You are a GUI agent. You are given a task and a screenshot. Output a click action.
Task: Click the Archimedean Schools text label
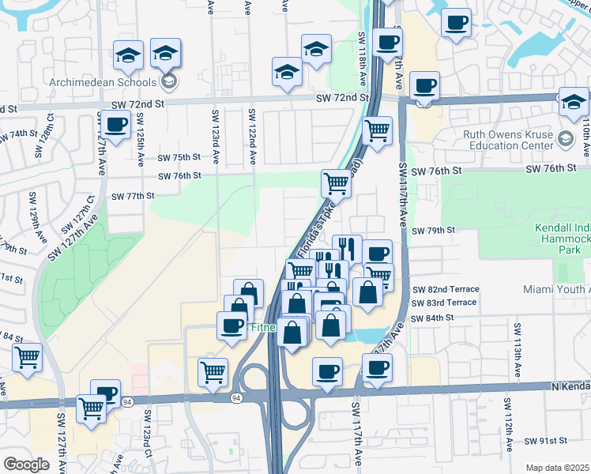112,81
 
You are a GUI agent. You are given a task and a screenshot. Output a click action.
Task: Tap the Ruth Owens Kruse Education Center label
512,140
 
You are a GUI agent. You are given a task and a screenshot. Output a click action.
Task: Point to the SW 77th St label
132,195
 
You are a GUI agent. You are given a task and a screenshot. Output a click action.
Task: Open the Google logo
26,465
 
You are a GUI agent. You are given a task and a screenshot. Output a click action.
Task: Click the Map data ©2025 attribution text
557,468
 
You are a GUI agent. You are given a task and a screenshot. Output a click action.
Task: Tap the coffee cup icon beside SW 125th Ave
116,125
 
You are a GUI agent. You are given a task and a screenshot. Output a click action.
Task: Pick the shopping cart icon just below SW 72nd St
378,130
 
